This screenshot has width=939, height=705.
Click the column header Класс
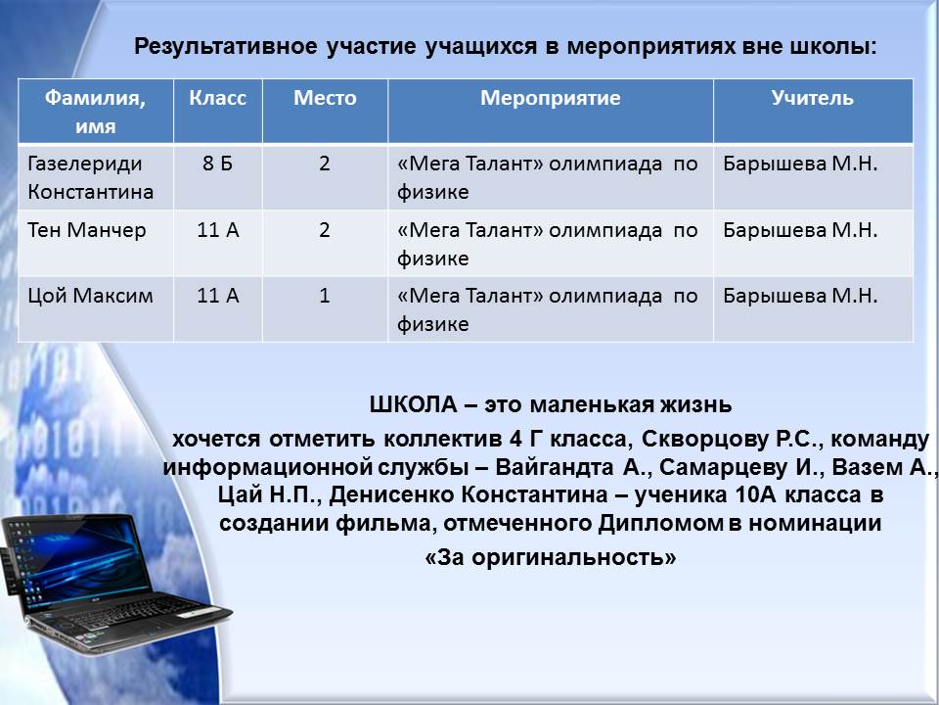(x=217, y=98)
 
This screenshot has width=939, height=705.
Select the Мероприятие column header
(x=551, y=98)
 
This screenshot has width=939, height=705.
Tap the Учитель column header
(x=812, y=98)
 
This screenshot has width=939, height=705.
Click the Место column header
(x=325, y=98)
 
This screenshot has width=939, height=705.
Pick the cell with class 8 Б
(x=217, y=164)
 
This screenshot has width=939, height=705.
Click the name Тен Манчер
(x=87, y=229)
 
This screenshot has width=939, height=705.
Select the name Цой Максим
(x=90, y=296)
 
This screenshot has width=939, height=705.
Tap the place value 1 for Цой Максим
(x=325, y=296)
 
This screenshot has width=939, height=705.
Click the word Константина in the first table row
(x=90, y=192)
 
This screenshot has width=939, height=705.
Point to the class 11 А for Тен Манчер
(x=218, y=229)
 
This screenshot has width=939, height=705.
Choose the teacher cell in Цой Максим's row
(x=800, y=296)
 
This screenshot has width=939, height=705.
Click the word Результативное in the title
(x=226, y=46)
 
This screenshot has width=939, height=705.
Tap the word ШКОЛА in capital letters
(x=413, y=404)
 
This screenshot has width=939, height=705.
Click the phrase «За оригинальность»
(x=551, y=557)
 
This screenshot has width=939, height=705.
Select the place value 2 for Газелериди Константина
(x=325, y=164)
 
